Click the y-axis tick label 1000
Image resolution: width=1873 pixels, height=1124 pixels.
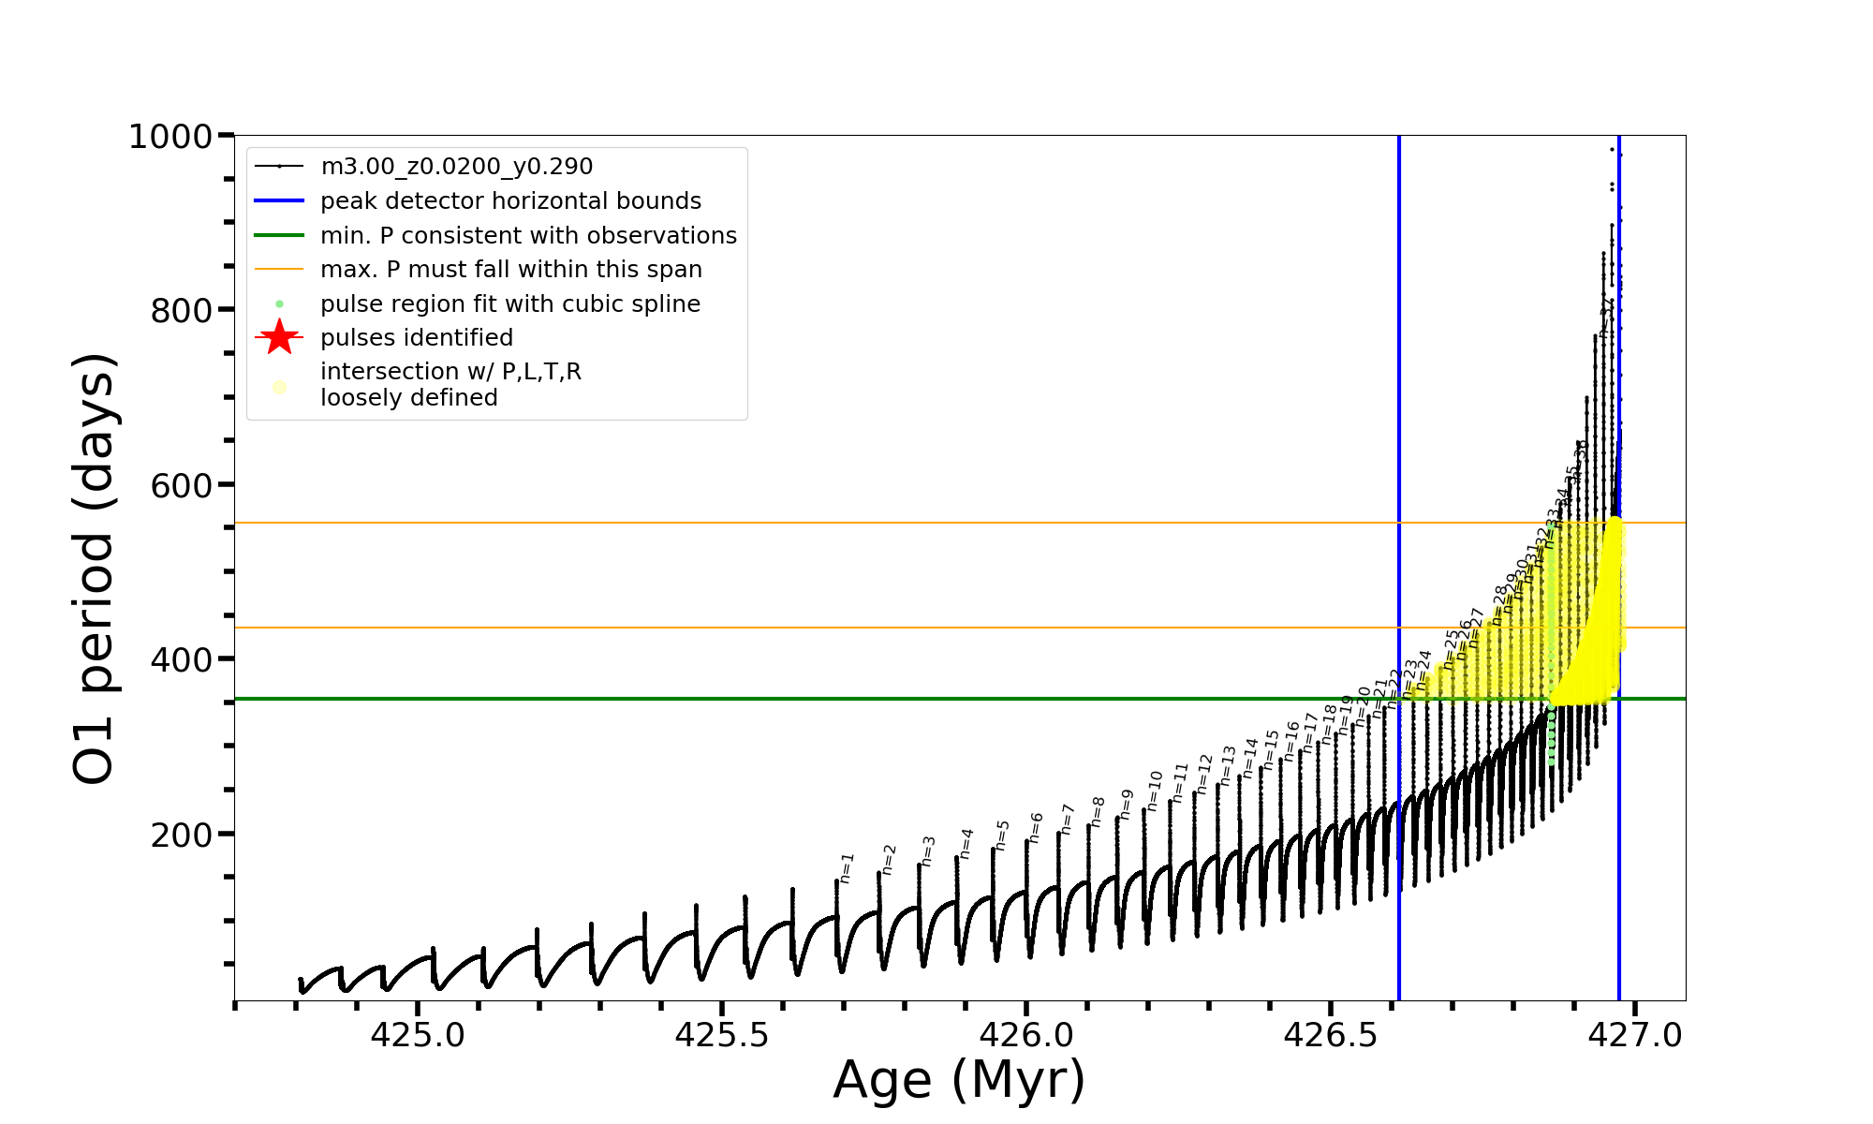(x=170, y=137)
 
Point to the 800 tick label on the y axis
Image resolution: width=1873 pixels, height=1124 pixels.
(x=182, y=310)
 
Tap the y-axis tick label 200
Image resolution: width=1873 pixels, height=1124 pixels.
(x=182, y=834)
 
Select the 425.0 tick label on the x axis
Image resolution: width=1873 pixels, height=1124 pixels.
(x=418, y=1035)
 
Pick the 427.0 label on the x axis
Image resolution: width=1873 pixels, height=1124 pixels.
(x=1635, y=1035)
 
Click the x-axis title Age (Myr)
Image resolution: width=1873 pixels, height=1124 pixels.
(x=959, y=1080)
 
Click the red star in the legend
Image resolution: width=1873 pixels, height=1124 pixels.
(x=279, y=337)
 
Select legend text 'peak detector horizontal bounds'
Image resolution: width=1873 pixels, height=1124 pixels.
(x=510, y=201)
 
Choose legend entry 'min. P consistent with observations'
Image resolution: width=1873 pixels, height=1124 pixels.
(x=528, y=235)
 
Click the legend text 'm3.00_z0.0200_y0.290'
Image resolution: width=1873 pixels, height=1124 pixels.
(x=456, y=167)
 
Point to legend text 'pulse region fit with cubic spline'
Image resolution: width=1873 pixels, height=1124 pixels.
(x=509, y=303)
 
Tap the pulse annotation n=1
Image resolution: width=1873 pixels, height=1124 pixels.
(x=847, y=868)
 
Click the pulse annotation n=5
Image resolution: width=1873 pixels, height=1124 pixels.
(x=1002, y=835)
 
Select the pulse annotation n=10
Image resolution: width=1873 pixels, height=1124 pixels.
(x=1155, y=791)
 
